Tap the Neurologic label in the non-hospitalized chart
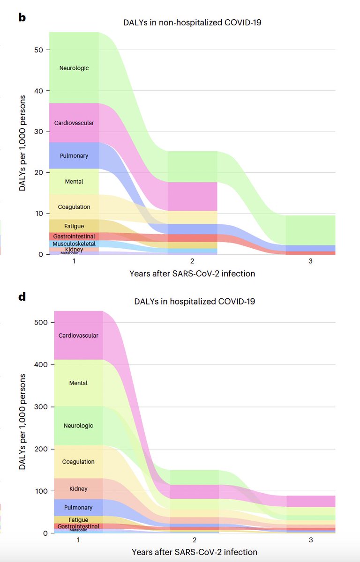pyautogui.click(x=74, y=68)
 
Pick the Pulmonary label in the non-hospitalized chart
pyautogui.click(x=74, y=155)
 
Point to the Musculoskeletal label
pyautogui.click(x=74, y=244)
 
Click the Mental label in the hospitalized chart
pyautogui.click(x=78, y=383)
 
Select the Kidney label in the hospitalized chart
pyautogui.click(x=78, y=489)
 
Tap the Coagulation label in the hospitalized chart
pyautogui.click(x=78, y=462)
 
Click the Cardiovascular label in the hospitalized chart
pyautogui.click(x=78, y=336)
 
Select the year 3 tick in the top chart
pyautogui.click(x=310, y=262)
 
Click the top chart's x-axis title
pyautogui.click(x=192, y=274)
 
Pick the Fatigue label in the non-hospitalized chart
pyautogui.click(x=74, y=226)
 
